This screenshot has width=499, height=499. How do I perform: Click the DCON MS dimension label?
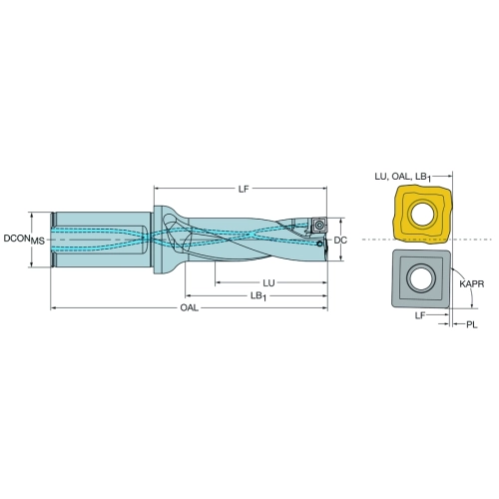click(x=24, y=240)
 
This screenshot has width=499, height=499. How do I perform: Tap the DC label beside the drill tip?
click(x=340, y=240)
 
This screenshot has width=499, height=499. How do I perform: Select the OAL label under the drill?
click(x=189, y=307)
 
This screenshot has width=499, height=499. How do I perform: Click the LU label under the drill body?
click(x=268, y=283)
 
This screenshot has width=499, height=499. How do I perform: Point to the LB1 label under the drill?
click(x=258, y=296)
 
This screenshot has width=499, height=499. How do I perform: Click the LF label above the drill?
click(x=244, y=189)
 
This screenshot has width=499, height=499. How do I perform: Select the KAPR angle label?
click(x=472, y=284)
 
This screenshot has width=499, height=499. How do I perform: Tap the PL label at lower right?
click(x=471, y=324)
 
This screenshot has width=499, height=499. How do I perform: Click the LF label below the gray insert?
click(x=420, y=315)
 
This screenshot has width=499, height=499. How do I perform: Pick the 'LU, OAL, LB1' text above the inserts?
click(x=403, y=177)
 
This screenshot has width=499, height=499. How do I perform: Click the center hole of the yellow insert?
click(x=422, y=213)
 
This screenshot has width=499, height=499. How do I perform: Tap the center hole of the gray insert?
click(x=421, y=277)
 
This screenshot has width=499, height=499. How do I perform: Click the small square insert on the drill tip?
click(x=319, y=226)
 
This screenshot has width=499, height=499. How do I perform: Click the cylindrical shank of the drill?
click(x=102, y=239)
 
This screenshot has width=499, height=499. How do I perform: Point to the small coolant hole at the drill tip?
click(x=319, y=245)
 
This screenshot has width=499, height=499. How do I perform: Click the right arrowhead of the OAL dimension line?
click(x=324, y=307)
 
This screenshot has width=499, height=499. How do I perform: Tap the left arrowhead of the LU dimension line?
click(x=219, y=283)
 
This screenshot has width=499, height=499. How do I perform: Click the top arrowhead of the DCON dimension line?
click(x=32, y=216)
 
